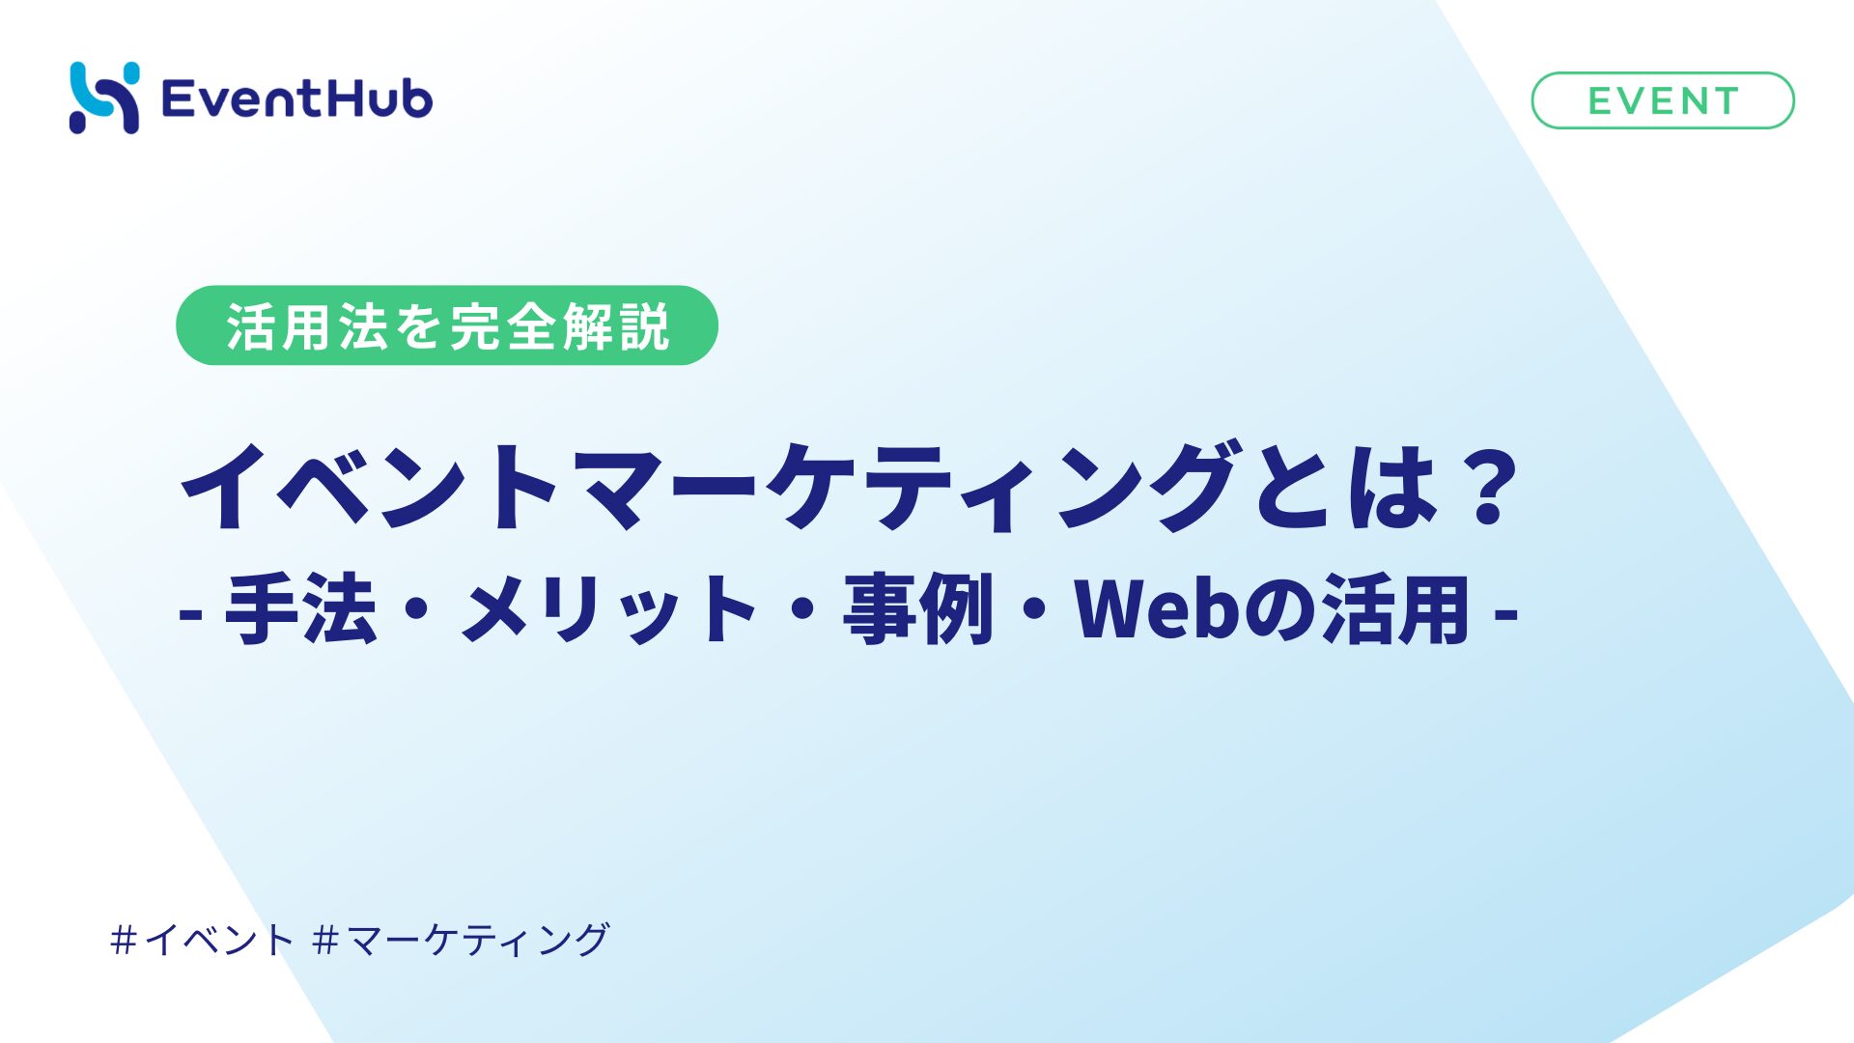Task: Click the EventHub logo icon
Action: point(104,98)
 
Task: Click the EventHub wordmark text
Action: point(297,99)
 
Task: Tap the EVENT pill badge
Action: point(1663,100)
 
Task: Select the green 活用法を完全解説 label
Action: point(447,325)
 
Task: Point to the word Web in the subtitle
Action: point(1159,608)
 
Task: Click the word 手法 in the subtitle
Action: point(300,608)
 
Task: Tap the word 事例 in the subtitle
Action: point(918,608)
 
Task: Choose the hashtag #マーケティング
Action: point(462,940)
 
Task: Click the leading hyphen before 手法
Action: point(190,612)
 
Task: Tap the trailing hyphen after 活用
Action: point(1506,612)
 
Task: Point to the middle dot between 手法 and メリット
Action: point(417,609)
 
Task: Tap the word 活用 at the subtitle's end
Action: point(1396,608)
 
